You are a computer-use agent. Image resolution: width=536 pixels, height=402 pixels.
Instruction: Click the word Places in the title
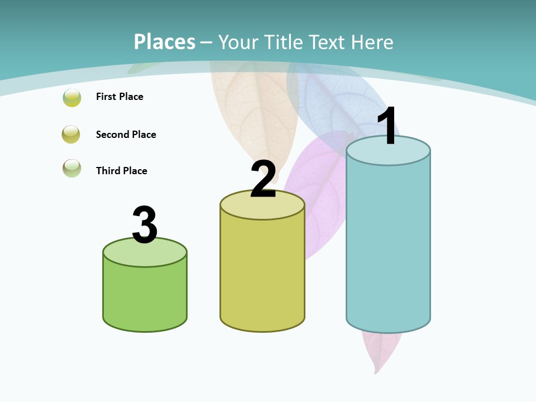tap(165, 42)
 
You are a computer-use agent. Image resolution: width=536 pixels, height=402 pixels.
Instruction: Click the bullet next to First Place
tap(72, 97)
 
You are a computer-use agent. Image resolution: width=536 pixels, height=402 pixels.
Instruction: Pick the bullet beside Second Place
tap(71, 135)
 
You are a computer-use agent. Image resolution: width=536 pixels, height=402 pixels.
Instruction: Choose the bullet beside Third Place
tap(72, 168)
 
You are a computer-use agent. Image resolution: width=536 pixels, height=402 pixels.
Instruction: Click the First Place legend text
tap(119, 97)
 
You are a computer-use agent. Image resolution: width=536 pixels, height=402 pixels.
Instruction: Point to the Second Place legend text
tap(126, 135)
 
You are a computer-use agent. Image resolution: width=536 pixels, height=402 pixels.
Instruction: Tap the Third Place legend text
tap(121, 171)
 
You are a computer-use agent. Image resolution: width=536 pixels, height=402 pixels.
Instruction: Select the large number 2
tap(263, 179)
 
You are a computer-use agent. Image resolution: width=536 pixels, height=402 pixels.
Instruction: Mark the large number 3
tap(145, 225)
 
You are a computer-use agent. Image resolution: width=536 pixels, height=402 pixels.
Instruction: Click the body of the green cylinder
tap(145, 296)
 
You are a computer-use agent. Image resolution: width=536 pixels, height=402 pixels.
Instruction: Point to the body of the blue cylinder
tap(388, 246)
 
